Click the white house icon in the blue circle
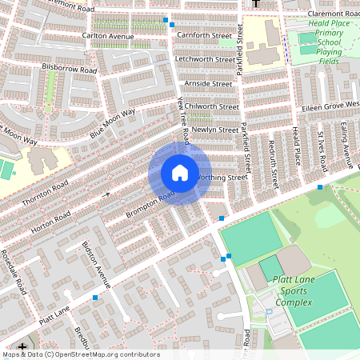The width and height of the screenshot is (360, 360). (179, 173)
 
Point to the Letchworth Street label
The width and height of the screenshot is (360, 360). (205, 59)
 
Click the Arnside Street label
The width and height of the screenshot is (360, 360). (207, 83)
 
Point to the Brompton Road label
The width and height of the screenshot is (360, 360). (150, 203)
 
